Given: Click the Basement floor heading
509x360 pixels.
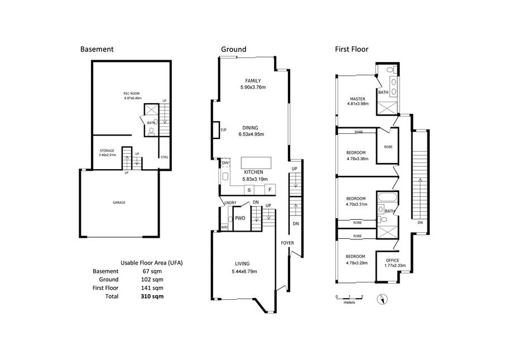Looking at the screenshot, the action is click(97, 49).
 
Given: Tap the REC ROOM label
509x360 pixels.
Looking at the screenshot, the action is click(132, 94).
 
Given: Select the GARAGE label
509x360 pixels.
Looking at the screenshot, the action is click(119, 203).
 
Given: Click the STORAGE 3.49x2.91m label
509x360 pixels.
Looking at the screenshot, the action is click(107, 153).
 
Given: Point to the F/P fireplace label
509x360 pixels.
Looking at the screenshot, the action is click(223, 130).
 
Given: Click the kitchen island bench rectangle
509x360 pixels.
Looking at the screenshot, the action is click(256, 162).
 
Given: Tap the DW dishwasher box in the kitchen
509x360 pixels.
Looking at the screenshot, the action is click(225, 162).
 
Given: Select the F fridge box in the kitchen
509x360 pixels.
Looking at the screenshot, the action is click(270, 190).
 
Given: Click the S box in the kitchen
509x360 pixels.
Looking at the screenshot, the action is click(249, 190).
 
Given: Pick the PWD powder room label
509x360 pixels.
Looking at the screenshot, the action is click(240, 218).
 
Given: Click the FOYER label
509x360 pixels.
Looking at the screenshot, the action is click(287, 243).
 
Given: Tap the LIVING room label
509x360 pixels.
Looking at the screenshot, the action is click(242, 263).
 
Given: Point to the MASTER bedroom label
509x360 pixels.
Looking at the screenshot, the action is click(357, 99).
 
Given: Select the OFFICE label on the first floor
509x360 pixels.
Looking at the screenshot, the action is click(392, 260).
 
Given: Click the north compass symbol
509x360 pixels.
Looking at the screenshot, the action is click(382, 299).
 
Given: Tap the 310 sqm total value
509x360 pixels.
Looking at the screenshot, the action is click(152, 296).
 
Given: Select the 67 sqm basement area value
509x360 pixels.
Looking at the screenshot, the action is click(152, 271).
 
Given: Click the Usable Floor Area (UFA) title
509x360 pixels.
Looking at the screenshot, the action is click(152, 263).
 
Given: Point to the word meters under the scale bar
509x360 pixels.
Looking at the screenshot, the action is click(349, 303).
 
